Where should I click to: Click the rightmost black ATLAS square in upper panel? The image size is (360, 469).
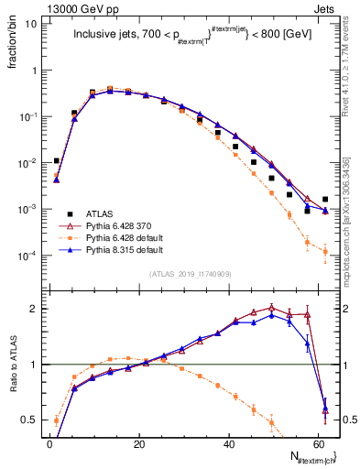click(325, 199)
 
